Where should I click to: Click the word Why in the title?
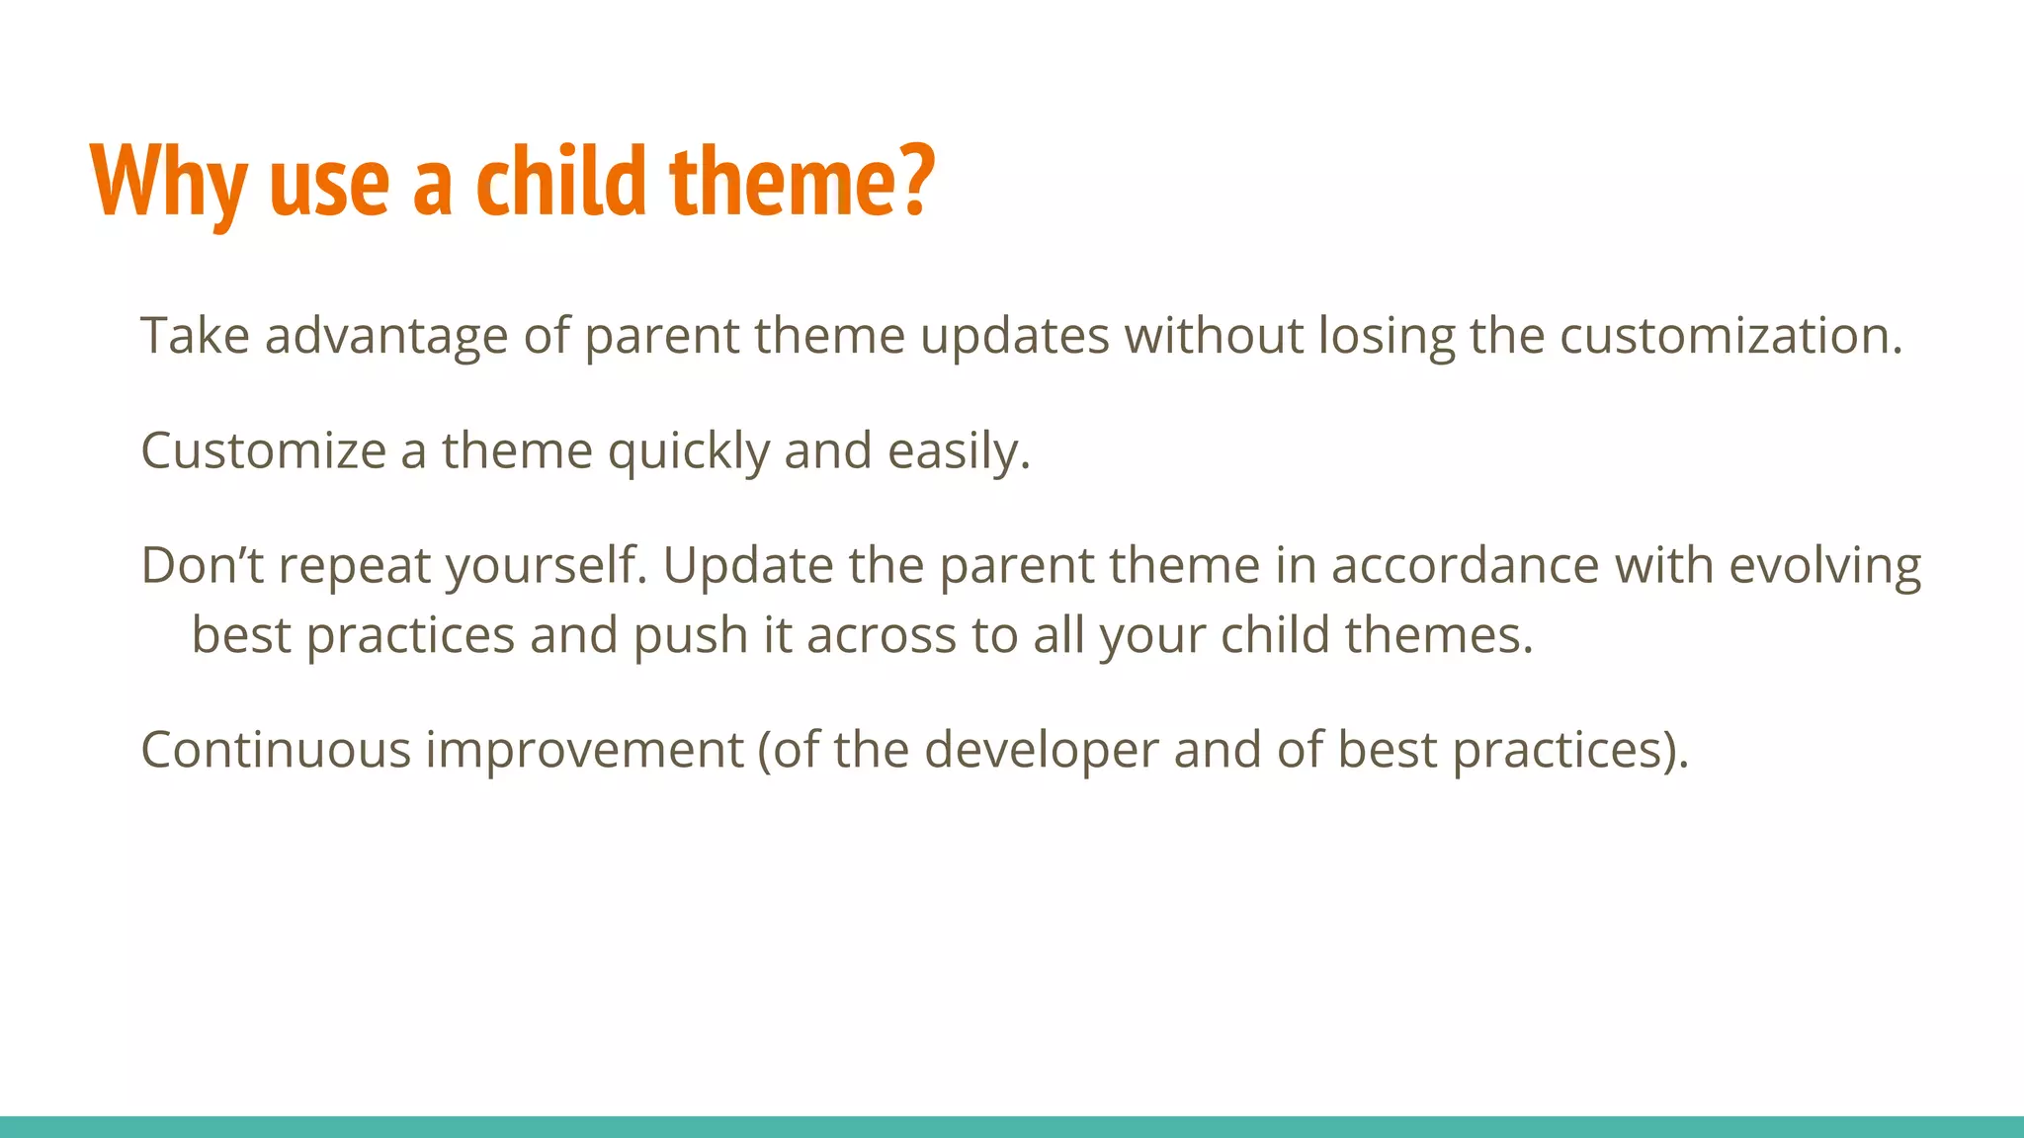[168, 183]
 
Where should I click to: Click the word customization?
[1730, 336]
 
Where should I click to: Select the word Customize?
[263, 450]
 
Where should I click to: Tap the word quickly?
[688, 452]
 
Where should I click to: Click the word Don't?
[202, 565]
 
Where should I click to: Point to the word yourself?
[546, 567]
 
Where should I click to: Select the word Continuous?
[276, 749]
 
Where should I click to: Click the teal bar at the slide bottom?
[1012, 1127]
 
